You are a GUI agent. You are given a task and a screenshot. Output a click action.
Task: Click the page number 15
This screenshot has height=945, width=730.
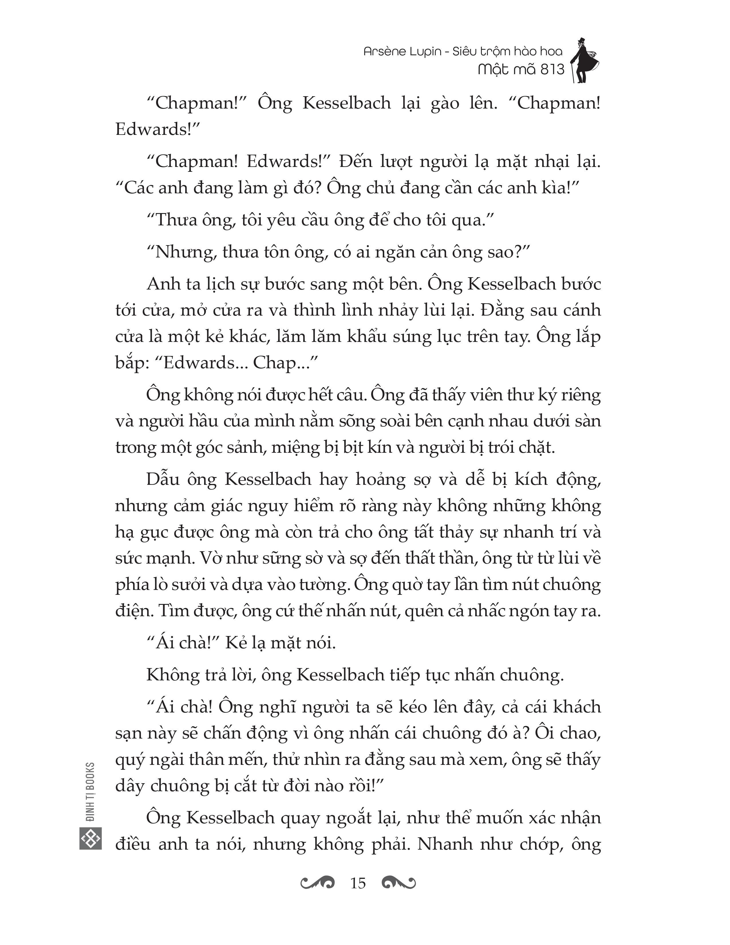click(358, 882)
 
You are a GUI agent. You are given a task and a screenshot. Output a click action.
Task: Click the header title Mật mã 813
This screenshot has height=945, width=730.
click(521, 69)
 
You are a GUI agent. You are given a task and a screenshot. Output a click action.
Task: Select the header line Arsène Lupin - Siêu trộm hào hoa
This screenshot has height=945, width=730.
click(463, 52)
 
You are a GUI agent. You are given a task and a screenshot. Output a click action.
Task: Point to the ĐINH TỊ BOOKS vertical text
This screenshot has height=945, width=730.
click(90, 792)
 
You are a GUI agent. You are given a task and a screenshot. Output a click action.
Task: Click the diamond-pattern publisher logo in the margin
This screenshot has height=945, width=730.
click(90, 838)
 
